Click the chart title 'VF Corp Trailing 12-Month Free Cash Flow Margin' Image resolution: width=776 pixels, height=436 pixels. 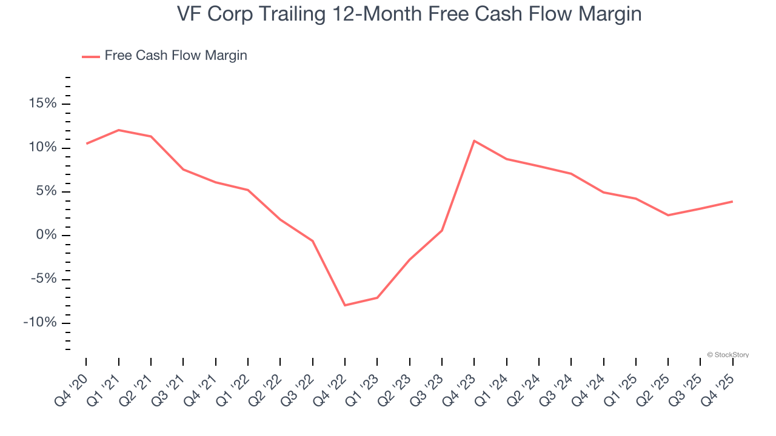pos(409,14)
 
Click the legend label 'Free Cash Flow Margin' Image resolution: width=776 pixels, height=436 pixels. pos(176,56)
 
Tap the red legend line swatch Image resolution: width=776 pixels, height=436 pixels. pos(91,56)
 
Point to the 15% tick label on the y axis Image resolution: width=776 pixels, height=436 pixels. pos(42,104)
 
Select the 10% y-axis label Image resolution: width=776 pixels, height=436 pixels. pos(42,148)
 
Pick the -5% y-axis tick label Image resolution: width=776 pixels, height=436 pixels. pos(42,279)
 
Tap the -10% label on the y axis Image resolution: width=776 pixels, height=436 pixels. pos(40,323)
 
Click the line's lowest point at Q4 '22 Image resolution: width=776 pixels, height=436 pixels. pos(345,305)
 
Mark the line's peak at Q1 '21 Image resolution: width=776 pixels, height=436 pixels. pos(118,130)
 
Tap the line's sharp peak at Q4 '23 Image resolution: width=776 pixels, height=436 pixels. pos(474,140)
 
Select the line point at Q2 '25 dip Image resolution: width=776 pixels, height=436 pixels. pos(668,215)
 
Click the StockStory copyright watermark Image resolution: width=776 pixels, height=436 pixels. pos(727,355)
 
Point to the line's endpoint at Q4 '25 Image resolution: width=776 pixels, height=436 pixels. pos(732,201)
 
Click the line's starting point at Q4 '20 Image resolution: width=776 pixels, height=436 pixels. pos(86,144)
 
